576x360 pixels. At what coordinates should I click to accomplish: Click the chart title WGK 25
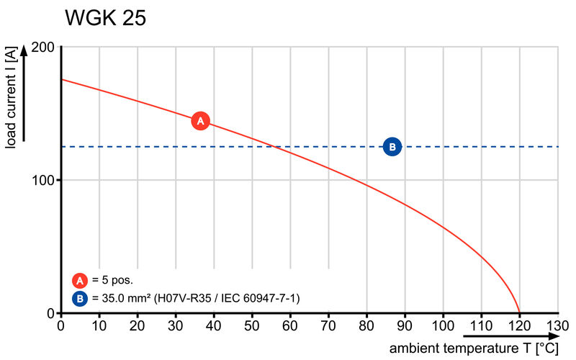point(105,19)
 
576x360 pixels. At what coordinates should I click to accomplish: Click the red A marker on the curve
point(201,121)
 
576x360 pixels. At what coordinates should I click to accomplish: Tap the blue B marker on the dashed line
point(392,147)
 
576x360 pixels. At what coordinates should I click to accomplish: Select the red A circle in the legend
point(79,280)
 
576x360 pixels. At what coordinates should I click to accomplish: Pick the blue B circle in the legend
point(79,297)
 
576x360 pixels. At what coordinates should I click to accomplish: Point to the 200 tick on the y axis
point(42,47)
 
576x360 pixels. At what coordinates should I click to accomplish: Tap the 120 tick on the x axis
point(520,325)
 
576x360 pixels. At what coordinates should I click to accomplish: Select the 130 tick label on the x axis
point(558,325)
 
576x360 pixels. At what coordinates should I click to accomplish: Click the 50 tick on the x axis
point(252,325)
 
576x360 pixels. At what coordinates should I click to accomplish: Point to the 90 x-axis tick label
point(405,325)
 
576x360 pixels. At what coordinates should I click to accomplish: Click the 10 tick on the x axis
point(99,325)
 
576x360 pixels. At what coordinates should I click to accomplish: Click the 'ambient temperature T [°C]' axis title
point(474,348)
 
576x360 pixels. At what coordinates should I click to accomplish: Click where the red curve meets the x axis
point(519,312)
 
